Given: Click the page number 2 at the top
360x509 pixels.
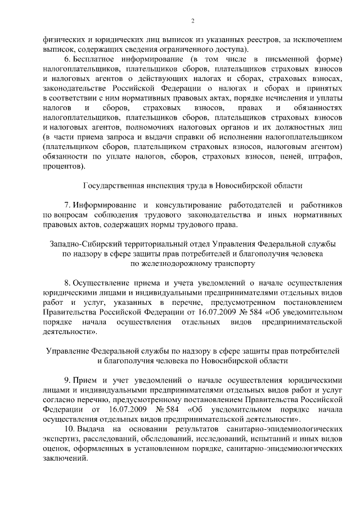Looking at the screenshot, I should pyautogui.click(x=192, y=21).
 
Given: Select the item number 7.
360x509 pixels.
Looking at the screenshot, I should pyautogui.click(x=67, y=205).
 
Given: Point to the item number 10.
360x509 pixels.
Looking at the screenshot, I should pyautogui.click(x=70, y=429).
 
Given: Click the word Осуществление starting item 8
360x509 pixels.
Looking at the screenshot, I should pyautogui.click(x=105, y=282).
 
